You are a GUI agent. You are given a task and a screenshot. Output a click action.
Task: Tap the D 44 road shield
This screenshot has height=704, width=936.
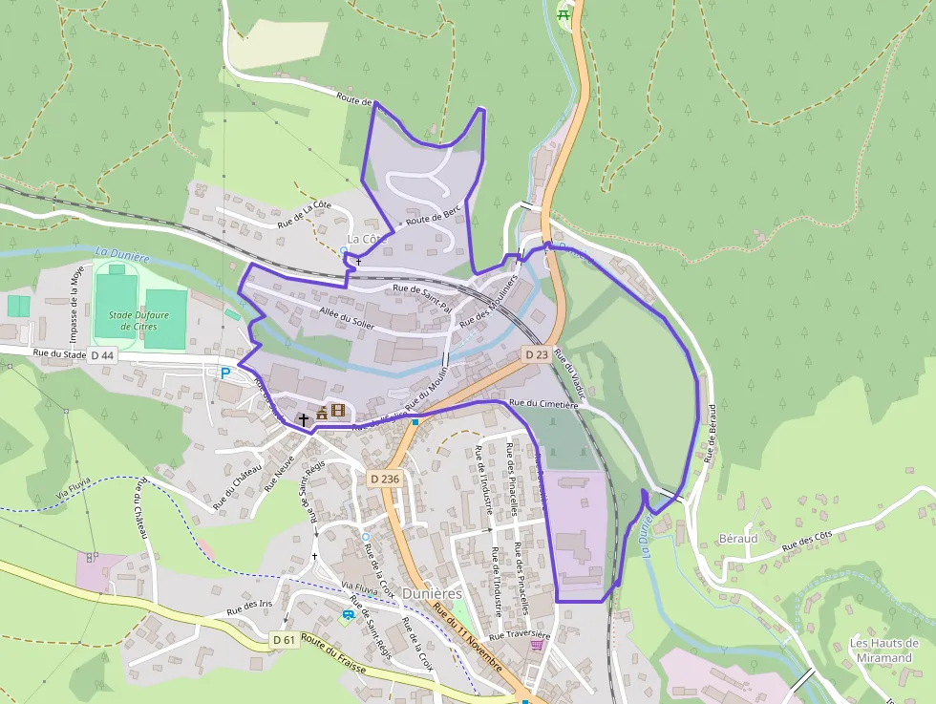(102, 355)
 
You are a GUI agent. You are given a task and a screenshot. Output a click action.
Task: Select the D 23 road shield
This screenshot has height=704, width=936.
(536, 353)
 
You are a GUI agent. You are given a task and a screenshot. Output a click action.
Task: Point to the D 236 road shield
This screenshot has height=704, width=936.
(384, 478)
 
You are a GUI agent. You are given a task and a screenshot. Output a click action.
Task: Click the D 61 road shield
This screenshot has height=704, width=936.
(284, 639)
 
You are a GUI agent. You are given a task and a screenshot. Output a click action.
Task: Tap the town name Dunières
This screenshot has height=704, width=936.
(433, 593)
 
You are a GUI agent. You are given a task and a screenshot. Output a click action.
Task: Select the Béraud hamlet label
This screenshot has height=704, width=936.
(737, 539)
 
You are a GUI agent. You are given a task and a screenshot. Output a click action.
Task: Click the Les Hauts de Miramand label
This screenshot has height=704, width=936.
(884, 650)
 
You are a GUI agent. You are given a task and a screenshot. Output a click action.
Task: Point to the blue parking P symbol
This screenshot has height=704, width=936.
(225, 373)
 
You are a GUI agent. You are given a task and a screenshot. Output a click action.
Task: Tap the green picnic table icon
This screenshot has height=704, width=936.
(566, 12)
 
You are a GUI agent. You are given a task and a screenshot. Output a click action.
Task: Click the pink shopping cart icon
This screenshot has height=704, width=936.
(537, 645)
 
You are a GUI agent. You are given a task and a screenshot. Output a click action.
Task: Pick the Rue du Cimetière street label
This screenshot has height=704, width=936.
(544, 404)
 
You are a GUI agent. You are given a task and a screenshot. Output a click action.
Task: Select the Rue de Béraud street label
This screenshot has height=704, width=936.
(711, 433)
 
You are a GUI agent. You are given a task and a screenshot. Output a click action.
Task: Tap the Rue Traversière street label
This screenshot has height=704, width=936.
(520, 634)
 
